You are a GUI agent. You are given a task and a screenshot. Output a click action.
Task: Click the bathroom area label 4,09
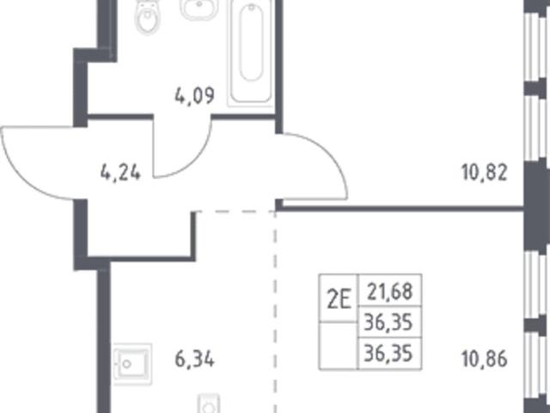194,96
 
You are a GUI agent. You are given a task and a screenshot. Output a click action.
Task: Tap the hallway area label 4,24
120,173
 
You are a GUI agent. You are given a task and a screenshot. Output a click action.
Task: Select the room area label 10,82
485,173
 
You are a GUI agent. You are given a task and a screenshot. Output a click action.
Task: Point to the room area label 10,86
485,359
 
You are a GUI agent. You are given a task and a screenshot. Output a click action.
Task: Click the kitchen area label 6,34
194,360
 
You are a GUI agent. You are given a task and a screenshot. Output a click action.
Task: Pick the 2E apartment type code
339,300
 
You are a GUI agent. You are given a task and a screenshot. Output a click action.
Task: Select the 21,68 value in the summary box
389,292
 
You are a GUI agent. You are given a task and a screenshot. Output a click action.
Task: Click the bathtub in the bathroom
251,52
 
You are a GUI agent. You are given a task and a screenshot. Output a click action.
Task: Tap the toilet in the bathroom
148,17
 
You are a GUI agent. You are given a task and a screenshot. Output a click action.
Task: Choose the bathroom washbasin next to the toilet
199,9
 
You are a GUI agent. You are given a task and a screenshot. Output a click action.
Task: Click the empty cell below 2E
338,346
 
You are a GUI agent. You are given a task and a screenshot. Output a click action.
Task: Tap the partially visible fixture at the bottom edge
209,404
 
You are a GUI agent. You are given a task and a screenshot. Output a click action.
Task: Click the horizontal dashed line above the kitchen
235,212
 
